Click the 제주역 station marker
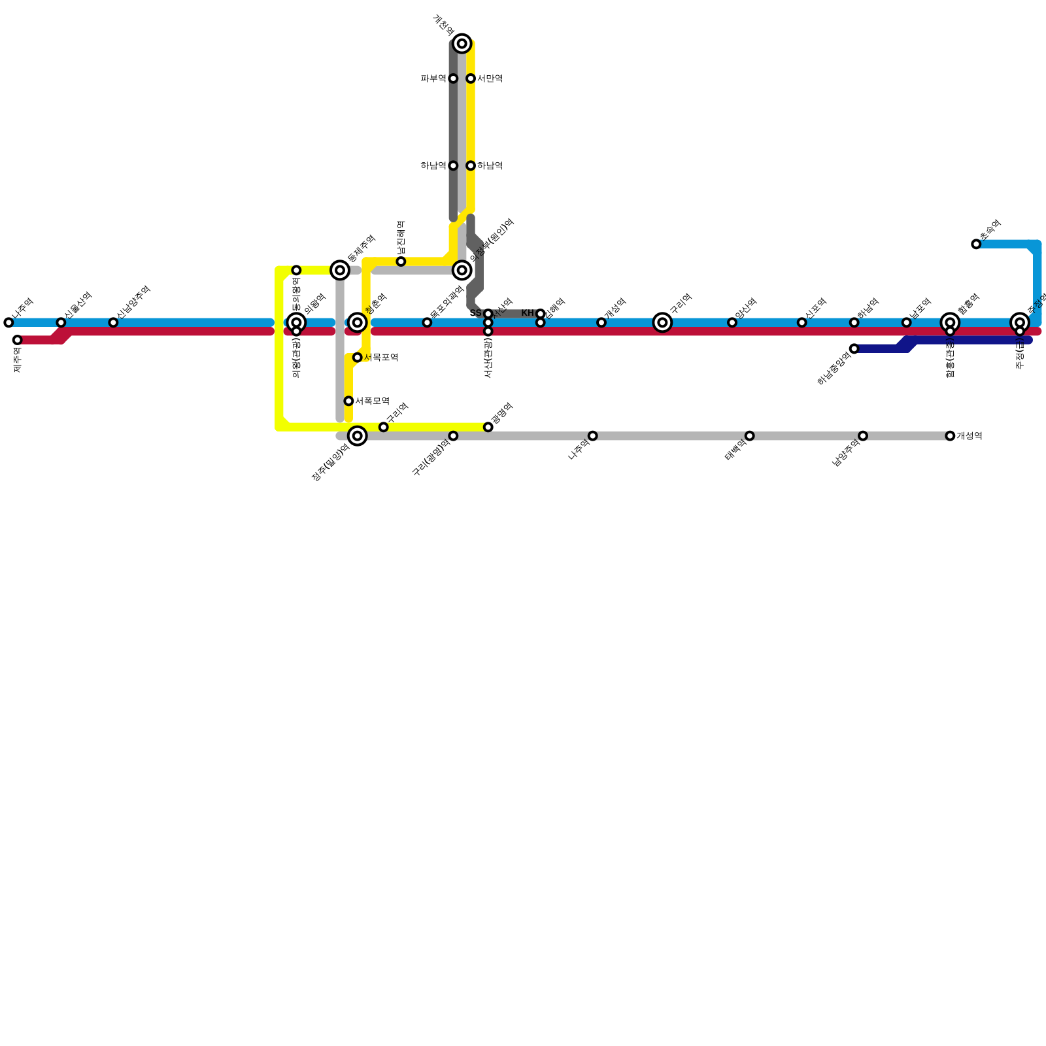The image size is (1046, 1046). (x=17, y=340)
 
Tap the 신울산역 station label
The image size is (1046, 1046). (x=78, y=305)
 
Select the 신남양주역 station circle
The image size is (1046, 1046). (x=113, y=322)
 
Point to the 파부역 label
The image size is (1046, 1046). (x=433, y=79)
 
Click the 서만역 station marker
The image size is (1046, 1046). (x=471, y=78)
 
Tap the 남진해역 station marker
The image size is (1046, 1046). (x=401, y=261)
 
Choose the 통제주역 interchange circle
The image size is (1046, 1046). (x=340, y=270)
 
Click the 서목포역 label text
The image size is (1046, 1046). (x=381, y=358)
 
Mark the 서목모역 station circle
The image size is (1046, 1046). (x=348, y=401)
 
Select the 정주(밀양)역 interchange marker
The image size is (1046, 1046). (x=357, y=435)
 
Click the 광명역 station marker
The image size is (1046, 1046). (x=488, y=427)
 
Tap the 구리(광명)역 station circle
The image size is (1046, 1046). (x=453, y=435)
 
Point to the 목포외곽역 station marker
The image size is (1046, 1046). (x=427, y=322)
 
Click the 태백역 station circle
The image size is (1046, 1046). (x=749, y=435)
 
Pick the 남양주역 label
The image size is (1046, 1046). (x=846, y=452)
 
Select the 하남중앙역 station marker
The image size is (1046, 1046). (x=854, y=348)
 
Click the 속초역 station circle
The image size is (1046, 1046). (x=976, y=244)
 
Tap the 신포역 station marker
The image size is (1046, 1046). (x=801, y=322)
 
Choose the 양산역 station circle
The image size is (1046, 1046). (x=732, y=322)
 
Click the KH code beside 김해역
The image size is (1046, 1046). (x=528, y=313)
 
